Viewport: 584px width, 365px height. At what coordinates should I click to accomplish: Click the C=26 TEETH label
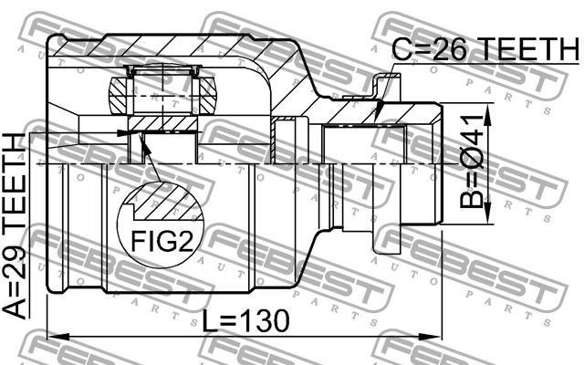click(485, 49)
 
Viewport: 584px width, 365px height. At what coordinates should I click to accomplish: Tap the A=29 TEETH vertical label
click(15, 226)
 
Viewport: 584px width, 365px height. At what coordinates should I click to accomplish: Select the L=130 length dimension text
click(245, 321)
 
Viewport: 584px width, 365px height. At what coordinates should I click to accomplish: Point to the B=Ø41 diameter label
click(471, 162)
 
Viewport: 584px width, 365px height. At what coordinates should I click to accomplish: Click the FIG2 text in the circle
click(162, 241)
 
